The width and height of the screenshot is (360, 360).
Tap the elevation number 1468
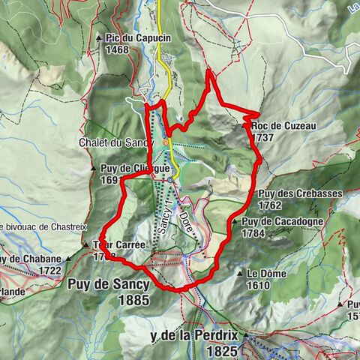pyautogui.click(x=117, y=50)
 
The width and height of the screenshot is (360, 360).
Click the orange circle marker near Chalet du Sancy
pyautogui.click(x=166, y=142)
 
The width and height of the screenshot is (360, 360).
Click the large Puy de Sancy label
pyautogui.click(x=109, y=285)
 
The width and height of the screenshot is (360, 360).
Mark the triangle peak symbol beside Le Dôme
pyautogui.click(x=240, y=274)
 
